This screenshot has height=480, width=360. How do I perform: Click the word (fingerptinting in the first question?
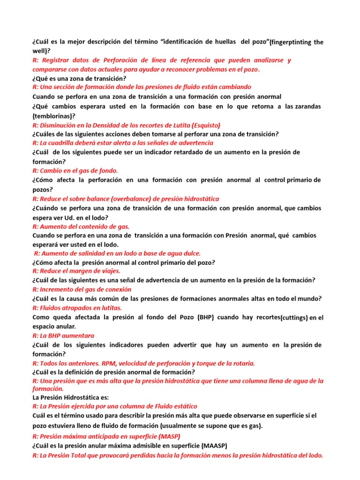(292, 42)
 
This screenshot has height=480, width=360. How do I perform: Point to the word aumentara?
(78, 336)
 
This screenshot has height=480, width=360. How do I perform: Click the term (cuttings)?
(294, 318)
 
